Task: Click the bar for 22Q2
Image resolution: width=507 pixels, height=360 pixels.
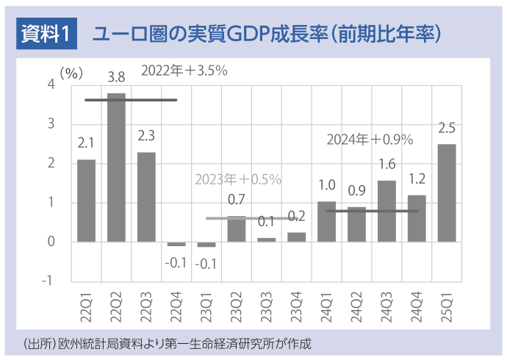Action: click(116, 168)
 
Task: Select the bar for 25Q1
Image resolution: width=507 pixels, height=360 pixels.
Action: click(447, 192)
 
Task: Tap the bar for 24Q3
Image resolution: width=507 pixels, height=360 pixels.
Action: click(386, 211)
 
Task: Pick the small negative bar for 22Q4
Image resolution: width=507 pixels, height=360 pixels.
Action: click(176, 244)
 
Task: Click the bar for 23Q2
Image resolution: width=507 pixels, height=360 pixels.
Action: click(237, 228)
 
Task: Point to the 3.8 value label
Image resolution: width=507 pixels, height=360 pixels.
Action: click(116, 76)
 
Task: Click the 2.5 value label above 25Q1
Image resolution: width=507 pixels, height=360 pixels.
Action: click(446, 129)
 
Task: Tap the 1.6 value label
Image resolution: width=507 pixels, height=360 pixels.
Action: click(387, 165)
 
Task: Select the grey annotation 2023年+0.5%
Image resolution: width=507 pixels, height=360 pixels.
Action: click(237, 179)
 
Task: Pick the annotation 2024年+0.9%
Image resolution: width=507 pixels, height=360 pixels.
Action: click(370, 139)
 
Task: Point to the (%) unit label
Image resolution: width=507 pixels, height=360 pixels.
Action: click(71, 72)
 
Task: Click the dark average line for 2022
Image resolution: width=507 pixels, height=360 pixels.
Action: click(131, 100)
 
